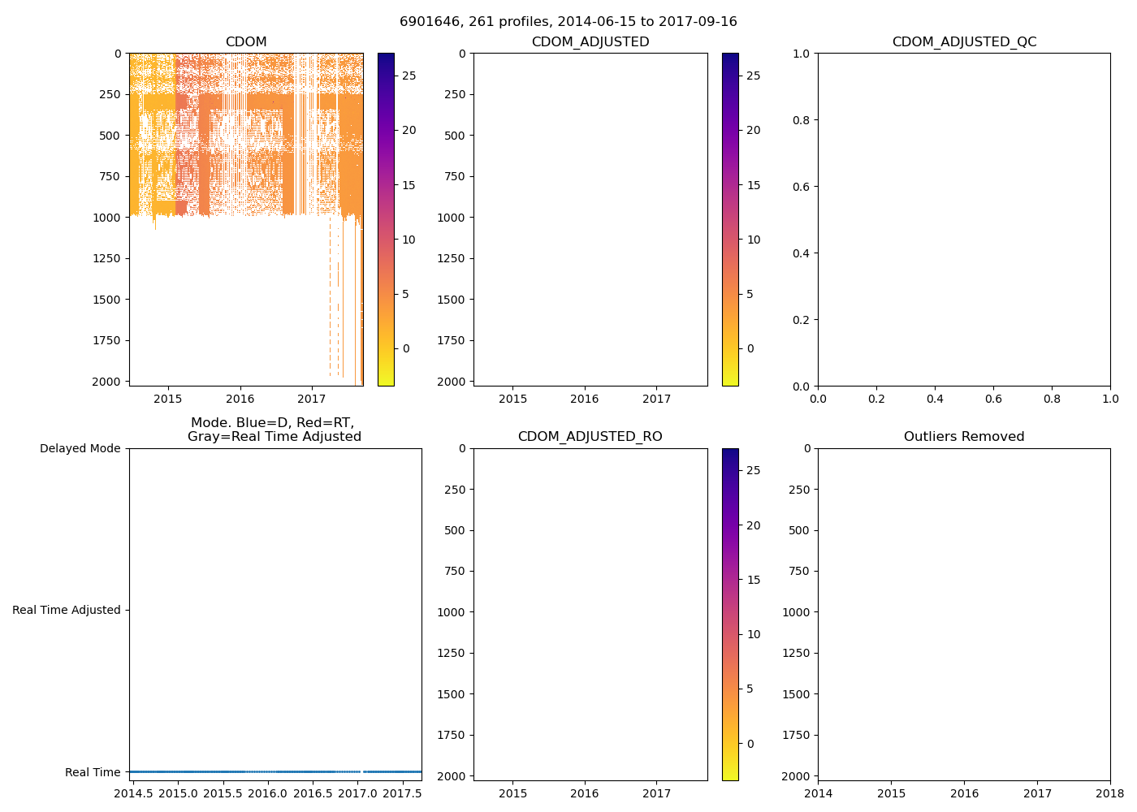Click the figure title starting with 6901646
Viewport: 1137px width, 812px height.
[x=568, y=22]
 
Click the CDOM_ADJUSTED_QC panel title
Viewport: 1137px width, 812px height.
[x=964, y=42]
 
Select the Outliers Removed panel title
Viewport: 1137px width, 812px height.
[x=964, y=437]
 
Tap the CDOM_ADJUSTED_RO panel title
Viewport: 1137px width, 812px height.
[x=590, y=437]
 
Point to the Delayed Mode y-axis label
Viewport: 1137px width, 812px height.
[x=80, y=448]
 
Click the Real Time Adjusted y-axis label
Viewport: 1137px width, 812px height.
[x=67, y=610]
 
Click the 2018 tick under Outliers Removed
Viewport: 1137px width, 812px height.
[x=1110, y=793]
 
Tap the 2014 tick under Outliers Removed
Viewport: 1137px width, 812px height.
[x=818, y=793]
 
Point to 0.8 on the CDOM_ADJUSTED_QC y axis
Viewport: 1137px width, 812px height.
[x=802, y=120]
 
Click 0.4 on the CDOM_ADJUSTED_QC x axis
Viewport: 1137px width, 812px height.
[x=935, y=399]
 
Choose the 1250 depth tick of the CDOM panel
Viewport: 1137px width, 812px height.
[x=107, y=258]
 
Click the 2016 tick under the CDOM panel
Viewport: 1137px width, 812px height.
[x=240, y=399]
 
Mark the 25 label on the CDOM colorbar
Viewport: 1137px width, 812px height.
[x=409, y=76]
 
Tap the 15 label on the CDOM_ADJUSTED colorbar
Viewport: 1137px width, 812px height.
[x=753, y=185]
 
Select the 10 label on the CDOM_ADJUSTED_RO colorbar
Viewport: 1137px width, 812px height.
[x=753, y=634]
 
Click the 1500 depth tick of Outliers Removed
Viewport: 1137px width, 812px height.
[x=797, y=694]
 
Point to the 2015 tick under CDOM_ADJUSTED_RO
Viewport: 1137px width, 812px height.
[x=512, y=793]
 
